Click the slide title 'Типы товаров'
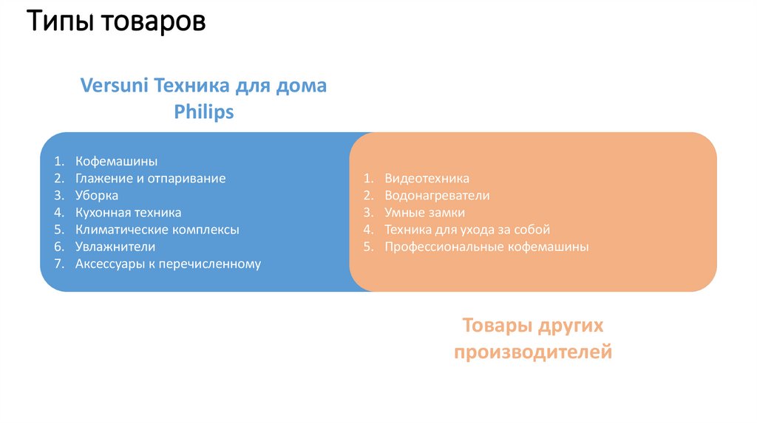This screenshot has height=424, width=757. click(116, 23)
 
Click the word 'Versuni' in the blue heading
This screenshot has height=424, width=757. click(115, 85)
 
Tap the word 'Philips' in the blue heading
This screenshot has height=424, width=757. click(204, 112)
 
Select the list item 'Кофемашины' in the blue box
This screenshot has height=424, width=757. click(116, 161)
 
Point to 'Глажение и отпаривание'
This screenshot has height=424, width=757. click(150, 178)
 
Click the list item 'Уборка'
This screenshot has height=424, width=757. click(96, 195)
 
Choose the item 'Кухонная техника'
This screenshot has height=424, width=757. click(128, 213)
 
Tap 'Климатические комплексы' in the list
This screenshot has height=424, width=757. click(157, 230)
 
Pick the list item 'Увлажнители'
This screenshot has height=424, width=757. click(115, 247)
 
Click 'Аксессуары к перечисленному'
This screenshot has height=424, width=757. click(168, 264)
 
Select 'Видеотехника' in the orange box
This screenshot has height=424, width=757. click(427, 179)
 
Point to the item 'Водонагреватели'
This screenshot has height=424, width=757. click(437, 196)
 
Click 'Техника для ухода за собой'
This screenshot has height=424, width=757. click(467, 230)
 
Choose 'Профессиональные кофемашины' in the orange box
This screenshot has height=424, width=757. click(486, 247)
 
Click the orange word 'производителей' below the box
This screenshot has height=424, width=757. click(533, 352)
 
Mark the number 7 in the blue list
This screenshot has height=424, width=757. click(58, 264)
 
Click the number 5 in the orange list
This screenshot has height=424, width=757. click(367, 247)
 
